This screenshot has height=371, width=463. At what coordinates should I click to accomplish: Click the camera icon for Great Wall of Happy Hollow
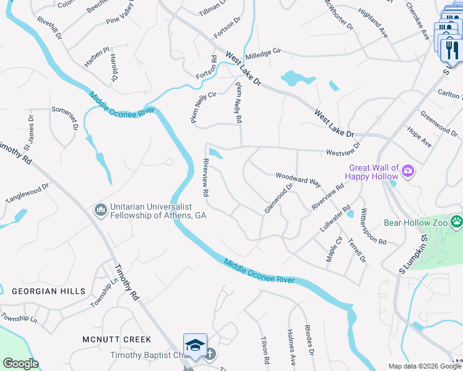(x=408, y=171)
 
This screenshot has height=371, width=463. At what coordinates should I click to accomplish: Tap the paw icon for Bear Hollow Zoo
(x=456, y=221)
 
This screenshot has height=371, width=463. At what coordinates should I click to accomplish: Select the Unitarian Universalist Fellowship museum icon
(x=100, y=211)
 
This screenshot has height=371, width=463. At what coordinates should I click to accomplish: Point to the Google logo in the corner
(x=20, y=364)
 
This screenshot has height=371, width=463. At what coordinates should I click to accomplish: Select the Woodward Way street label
(x=298, y=179)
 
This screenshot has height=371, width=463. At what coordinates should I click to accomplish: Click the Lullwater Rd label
(x=335, y=218)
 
